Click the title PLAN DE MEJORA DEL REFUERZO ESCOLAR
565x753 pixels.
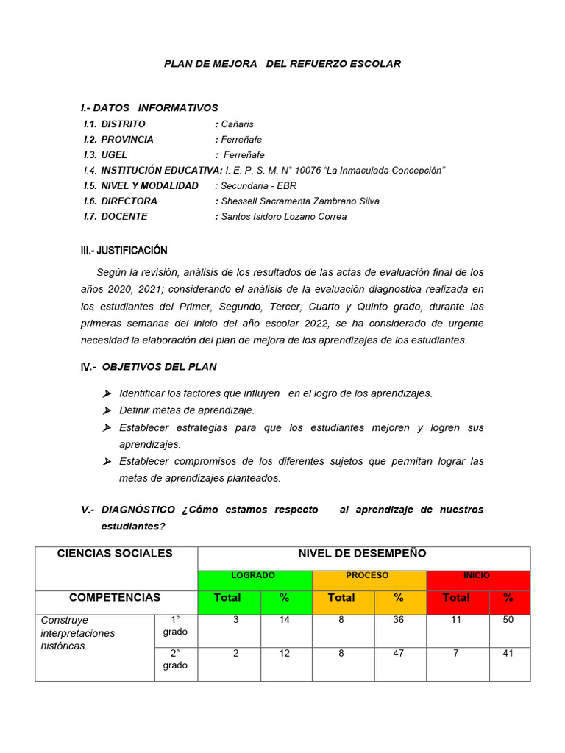click(282, 64)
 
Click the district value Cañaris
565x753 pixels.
click(237, 124)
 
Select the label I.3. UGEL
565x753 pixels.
click(105, 155)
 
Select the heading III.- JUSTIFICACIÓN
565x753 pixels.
click(124, 251)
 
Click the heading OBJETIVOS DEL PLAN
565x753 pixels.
click(159, 367)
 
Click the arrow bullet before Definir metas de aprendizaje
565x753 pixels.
click(107, 410)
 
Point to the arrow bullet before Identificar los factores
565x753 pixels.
click(107, 393)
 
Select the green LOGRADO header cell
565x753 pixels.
click(254, 576)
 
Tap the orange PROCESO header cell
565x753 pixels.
click(368, 576)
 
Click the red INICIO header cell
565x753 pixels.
click(477, 576)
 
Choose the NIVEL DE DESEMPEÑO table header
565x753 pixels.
click(362, 554)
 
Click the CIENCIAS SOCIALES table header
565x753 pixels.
click(115, 554)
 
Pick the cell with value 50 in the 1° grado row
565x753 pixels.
click(508, 621)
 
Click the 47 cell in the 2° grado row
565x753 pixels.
click(398, 654)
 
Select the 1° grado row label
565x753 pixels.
click(175, 626)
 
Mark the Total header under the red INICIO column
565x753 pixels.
click(456, 598)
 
